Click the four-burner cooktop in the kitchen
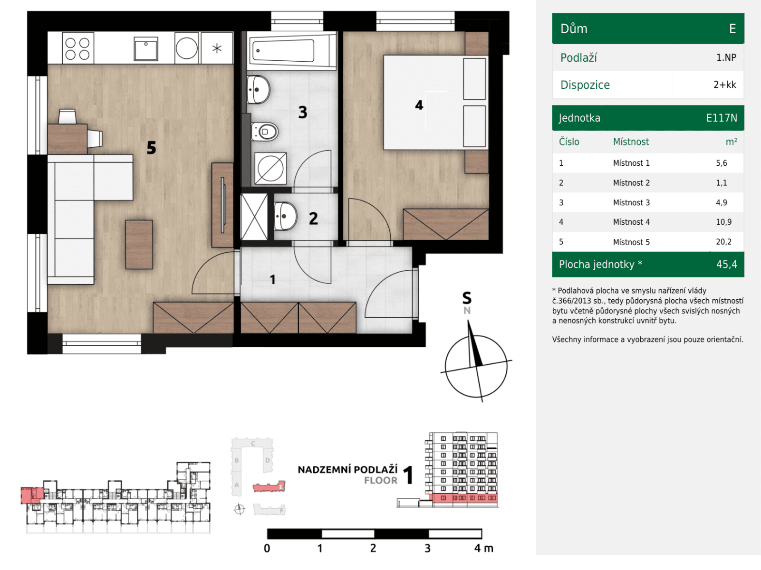coord(77,48)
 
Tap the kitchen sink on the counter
coord(146,49)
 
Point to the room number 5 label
coord(151,148)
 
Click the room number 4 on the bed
coord(419,105)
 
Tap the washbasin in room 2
coord(285,216)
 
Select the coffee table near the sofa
coord(139,244)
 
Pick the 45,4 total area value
coord(726,265)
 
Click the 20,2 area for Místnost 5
coord(723,242)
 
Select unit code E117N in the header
coord(721,118)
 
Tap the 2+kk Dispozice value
coord(724,85)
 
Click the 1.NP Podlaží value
coord(726,57)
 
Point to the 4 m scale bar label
coord(483,548)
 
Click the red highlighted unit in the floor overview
coord(31,495)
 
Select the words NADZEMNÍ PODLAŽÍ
coord(347,469)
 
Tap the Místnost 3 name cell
coord(631,202)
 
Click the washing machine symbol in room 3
coord(270,168)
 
